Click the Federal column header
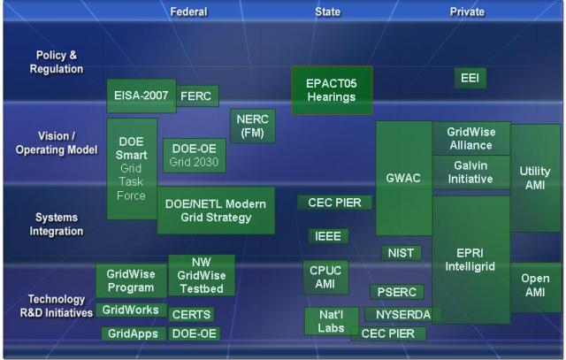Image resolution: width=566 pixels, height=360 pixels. pyautogui.click(x=188, y=11)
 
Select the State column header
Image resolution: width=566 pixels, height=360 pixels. pyautogui.click(x=328, y=11)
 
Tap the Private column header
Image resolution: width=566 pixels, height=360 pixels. pyautogui.click(x=467, y=11)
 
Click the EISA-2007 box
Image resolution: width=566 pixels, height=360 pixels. pyautogui.click(x=141, y=96)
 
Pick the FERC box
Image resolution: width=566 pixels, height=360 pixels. pyautogui.click(x=197, y=96)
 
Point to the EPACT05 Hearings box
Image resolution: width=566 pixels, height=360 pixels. pyautogui.click(x=332, y=90)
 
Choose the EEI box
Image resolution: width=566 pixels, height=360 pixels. pyautogui.click(x=470, y=78)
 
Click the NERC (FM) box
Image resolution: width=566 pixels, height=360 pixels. pyautogui.click(x=253, y=126)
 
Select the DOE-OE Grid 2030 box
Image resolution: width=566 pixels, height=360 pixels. pyautogui.click(x=195, y=156)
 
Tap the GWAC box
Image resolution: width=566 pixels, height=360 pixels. pyautogui.click(x=404, y=179)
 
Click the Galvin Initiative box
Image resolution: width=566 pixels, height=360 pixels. pyautogui.click(x=471, y=172)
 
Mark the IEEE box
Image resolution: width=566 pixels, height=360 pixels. pyautogui.click(x=328, y=236)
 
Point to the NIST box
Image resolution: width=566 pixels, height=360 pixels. pyautogui.click(x=401, y=253)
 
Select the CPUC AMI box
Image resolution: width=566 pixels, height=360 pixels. pyautogui.click(x=325, y=278)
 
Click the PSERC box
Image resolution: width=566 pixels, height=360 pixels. pyautogui.click(x=397, y=292)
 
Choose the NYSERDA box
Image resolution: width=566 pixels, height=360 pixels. pyautogui.click(x=403, y=315)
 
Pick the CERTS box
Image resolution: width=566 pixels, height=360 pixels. pyautogui.click(x=191, y=315)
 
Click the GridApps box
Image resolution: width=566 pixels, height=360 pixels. pyautogui.click(x=134, y=333)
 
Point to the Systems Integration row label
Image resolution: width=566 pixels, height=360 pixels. pyautogui.click(x=57, y=225)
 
